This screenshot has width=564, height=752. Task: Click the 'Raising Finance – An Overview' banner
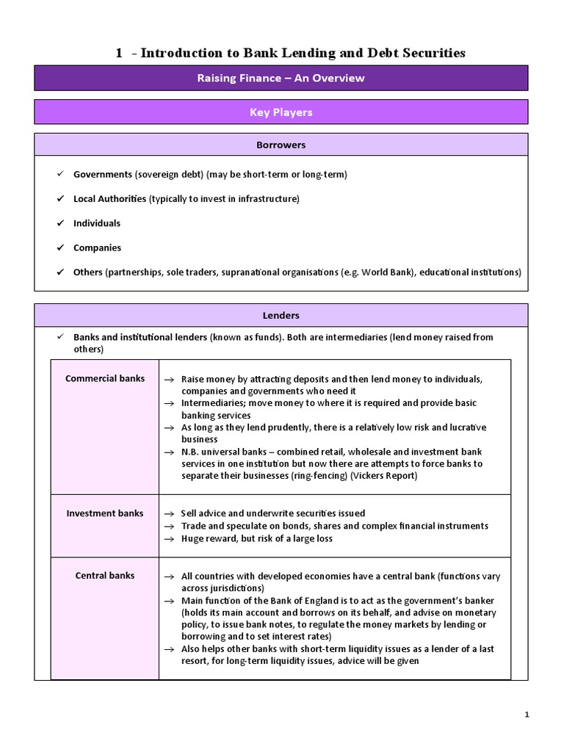[281, 78]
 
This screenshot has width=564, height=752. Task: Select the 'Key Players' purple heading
[281, 112]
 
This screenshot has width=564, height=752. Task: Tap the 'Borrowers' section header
[281, 145]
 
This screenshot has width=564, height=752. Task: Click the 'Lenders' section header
[281, 315]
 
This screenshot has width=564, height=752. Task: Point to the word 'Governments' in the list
[102, 174]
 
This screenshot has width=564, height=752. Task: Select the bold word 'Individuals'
[97, 223]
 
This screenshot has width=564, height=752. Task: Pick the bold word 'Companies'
[97, 247]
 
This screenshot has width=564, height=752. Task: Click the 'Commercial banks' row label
[105, 378]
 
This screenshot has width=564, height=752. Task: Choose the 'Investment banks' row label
[105, 513]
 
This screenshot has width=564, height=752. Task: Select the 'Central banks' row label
[105, 576]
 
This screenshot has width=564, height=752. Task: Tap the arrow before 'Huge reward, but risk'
[169, 539]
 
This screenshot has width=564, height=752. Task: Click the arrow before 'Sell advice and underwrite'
[169, 514]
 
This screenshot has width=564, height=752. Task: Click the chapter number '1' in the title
[119, 53]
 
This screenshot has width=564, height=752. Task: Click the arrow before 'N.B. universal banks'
[169, 452]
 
